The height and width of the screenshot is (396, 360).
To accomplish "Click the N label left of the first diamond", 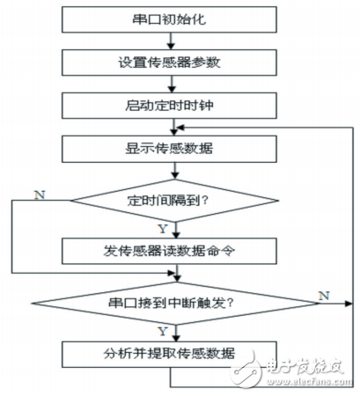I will pos(35,191).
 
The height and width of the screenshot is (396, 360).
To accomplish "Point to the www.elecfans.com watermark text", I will pos(304,382).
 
